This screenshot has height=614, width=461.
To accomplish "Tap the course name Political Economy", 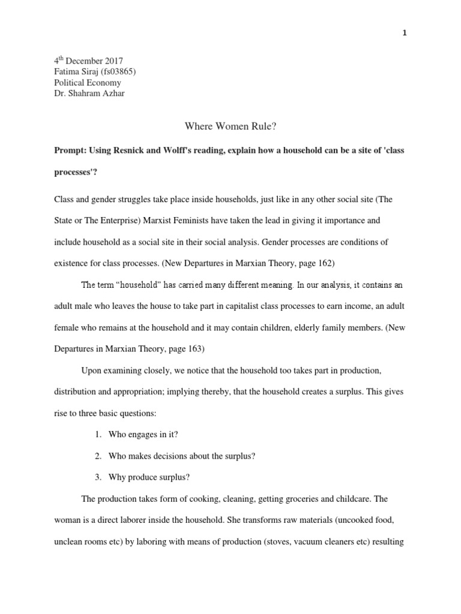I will (88, 83).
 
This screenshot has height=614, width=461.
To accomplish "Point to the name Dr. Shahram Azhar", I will (91, 94).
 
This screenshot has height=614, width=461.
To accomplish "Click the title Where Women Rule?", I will (229, 127).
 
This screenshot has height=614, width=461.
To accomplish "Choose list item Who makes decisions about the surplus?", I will (182, 456).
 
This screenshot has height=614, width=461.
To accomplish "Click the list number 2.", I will (97, 456).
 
